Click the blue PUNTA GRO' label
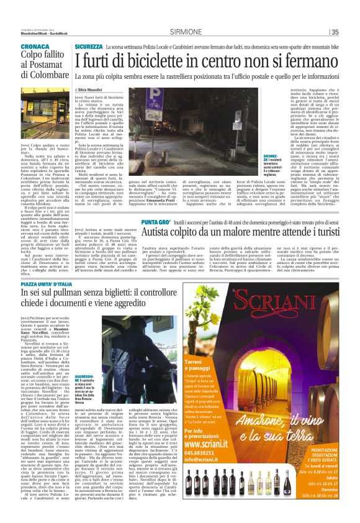click(156, 221)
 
